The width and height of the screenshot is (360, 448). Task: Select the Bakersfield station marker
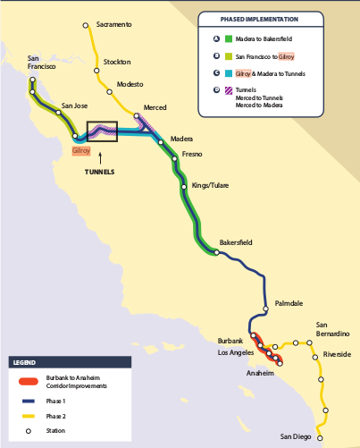coord(215,252)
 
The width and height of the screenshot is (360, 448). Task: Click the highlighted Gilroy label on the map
coord(81,151)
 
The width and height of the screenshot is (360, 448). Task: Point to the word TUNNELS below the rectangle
coord(99,172)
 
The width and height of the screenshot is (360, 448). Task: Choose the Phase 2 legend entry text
coord(55,416)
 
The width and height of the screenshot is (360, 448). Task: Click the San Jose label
coord(74,106)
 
